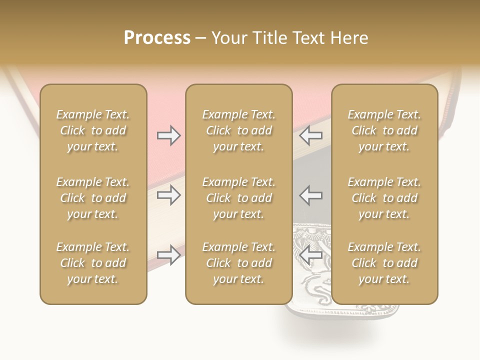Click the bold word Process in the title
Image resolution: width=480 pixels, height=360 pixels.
click(x=157, y=38)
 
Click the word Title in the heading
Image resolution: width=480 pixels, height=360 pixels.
click(x=269, y=38)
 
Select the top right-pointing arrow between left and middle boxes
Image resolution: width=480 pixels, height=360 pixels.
click(x=169, y=135)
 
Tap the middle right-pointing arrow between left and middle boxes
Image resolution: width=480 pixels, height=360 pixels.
click(x=169, y=195)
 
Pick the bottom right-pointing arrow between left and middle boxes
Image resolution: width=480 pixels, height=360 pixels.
click(x=169, y=255)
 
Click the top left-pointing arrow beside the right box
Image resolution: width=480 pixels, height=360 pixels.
click(x=311, y=135)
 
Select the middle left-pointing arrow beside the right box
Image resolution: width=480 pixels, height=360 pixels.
click(x=311, y=195)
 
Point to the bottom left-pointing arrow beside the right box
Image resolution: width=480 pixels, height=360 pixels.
click(x=311, y=255)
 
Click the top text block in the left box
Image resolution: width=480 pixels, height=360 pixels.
click(x=93, y=130)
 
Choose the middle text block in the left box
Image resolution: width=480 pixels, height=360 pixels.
click(x=93, y=198)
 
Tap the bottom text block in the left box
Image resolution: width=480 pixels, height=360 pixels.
click(x=93, y=263)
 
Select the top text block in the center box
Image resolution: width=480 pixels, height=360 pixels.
click(x=239, y=130)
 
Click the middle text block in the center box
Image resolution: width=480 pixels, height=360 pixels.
click(x=239, y=198)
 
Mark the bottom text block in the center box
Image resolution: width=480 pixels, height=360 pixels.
click(x=239, y=263)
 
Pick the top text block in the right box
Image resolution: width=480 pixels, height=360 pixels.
click(x=384, y=130)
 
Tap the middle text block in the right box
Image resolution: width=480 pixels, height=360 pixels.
click(x=384, y=198)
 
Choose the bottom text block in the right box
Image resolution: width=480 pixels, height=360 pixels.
click(x=384, y=263)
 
